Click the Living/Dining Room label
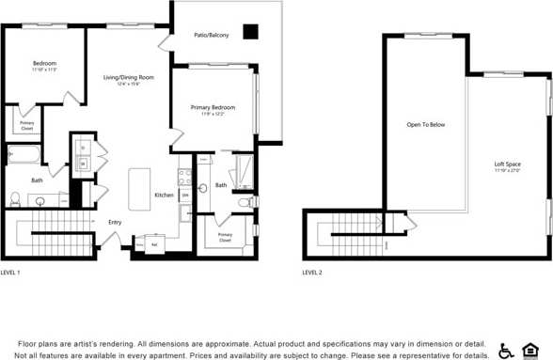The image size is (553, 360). click(128, 77)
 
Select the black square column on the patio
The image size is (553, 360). click(249, 32)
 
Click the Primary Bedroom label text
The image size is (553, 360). click(213, 107)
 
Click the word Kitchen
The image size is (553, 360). click(164, 195)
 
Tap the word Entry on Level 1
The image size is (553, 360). click(115, 223)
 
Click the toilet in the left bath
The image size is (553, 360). click(15, 198)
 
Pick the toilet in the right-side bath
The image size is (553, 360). click(244, 201)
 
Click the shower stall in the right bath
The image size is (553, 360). click(243, 171)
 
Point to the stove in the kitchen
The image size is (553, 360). click(185, 177)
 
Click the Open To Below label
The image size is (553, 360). click(425, 124)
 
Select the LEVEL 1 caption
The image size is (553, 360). click(10, 272)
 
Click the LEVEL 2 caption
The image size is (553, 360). click(311, 272)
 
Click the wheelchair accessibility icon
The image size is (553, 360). click(506, 350)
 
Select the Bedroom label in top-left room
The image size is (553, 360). click(44, 63)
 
